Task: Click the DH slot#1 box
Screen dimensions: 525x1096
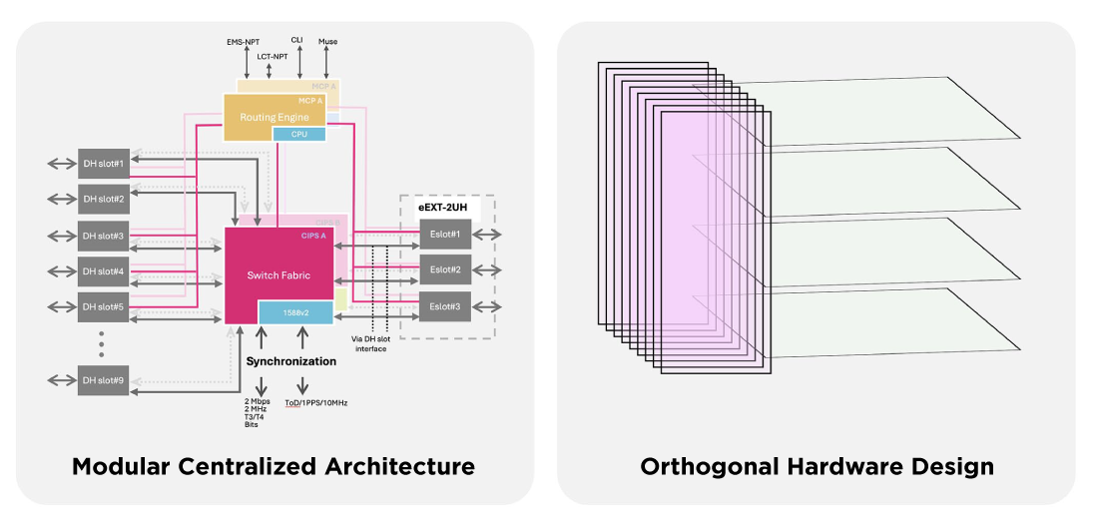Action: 104,163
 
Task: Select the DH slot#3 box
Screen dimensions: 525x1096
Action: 104,236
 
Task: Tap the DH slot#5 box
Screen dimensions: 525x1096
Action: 104,306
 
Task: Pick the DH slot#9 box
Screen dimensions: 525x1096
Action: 104,379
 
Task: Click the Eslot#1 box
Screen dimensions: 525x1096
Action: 445,235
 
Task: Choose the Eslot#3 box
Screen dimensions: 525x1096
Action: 445,305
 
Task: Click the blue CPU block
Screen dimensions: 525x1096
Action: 299,134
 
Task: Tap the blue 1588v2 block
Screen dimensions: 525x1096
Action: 295,312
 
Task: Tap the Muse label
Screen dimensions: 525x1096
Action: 327,42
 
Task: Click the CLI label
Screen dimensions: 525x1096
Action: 297,40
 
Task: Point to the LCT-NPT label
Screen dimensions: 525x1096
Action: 272,57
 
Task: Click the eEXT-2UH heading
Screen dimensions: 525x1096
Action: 446,207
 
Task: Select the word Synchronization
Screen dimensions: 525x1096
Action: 291,361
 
